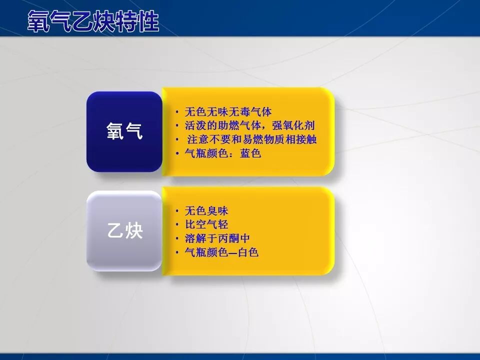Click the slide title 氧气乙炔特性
click(x=93, y=22)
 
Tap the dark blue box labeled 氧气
click(x=124, y=131)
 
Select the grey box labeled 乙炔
click(x=124, y=231)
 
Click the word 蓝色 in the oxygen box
click(x=250, y=153)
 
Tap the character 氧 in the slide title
click(x=38, y=22)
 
